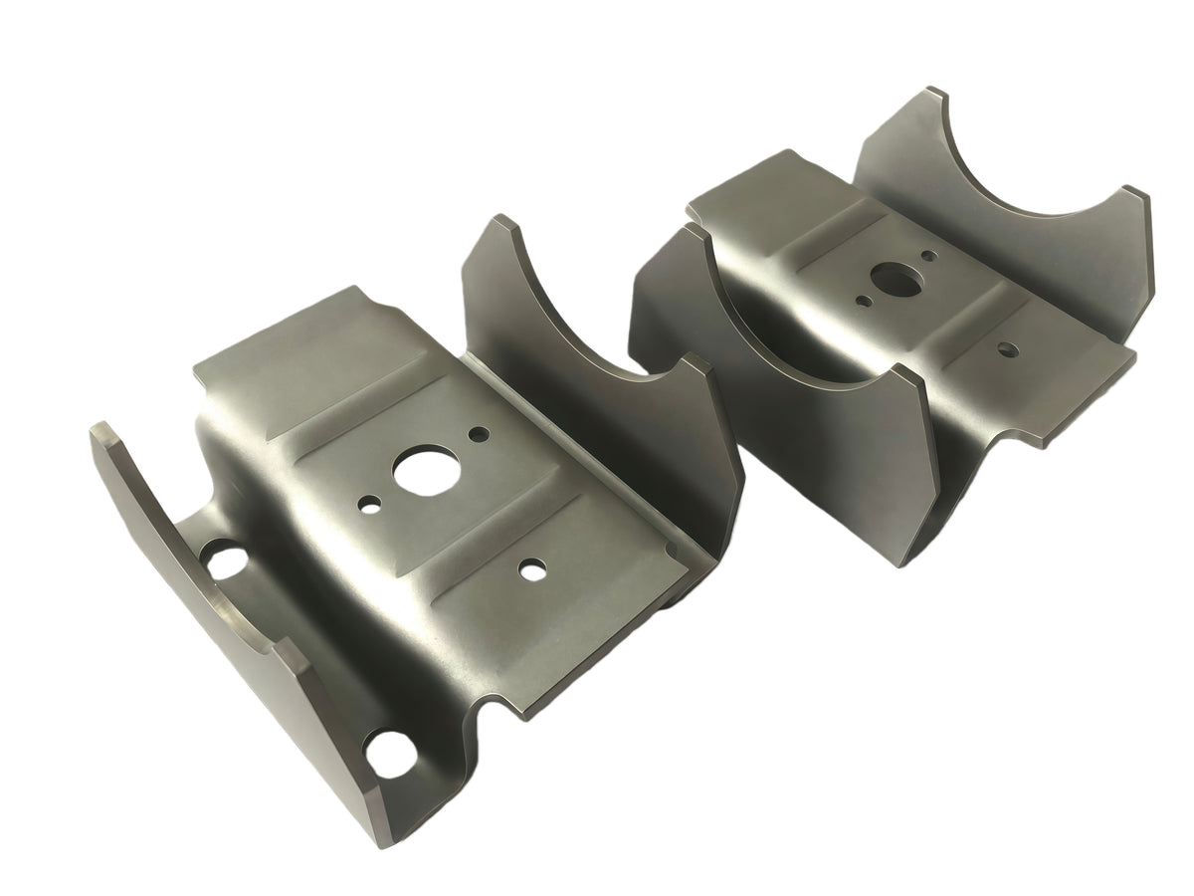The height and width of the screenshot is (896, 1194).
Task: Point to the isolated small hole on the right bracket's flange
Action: (1007, 349)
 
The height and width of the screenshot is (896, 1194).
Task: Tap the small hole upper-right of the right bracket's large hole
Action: (928, 256)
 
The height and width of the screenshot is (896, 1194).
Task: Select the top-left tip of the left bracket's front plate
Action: (99, 426)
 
